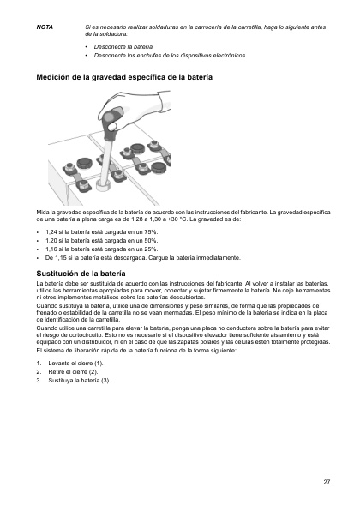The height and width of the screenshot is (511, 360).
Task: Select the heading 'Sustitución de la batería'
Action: coord(81,272)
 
